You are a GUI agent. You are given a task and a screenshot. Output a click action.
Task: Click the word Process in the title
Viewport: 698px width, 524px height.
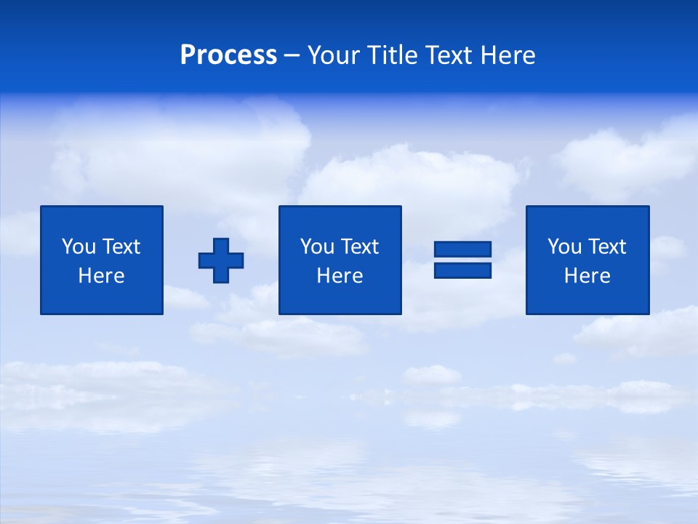[x=228, y=55]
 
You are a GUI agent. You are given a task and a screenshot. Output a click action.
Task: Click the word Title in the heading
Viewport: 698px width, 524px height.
[x=389, y=55]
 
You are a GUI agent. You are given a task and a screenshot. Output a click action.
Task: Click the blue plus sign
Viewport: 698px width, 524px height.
[x=221, y=261]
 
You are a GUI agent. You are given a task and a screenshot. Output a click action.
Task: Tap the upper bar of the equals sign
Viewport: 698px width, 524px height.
[x=462, y=250]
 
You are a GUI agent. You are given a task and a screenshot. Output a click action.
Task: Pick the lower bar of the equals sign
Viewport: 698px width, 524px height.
[x=462, y=271]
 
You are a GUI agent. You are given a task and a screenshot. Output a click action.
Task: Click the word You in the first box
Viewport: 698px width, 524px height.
[x=79, y=247]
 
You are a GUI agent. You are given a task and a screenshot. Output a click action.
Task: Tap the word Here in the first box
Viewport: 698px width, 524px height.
[x=102, y=276]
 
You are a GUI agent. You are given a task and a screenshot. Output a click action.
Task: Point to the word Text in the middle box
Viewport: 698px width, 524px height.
[x=360, y=247]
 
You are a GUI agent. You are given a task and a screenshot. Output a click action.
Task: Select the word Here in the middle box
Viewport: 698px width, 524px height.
[x=340, y=276]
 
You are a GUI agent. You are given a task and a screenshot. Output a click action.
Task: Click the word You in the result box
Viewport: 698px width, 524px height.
[x=564, y=247]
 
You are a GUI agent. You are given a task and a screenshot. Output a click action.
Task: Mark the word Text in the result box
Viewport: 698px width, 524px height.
[x=607, y=247]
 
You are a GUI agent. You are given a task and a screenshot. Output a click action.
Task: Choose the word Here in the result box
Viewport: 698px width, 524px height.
[x=587, y=276]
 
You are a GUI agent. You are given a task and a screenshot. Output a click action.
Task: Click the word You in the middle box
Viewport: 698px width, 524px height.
[x=317, y=247]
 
